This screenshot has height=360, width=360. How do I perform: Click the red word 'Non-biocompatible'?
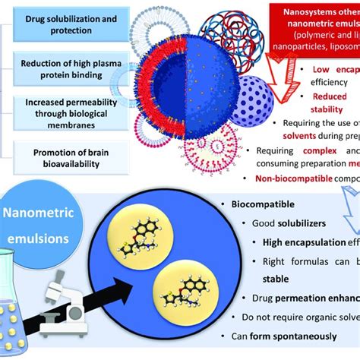[292, 178]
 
